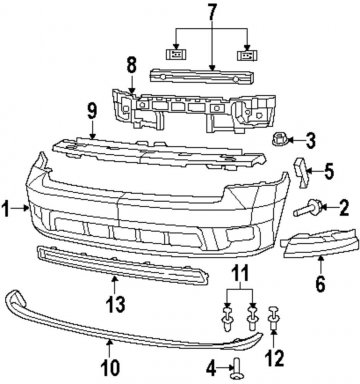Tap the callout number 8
132,66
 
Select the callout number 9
92,111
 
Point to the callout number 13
115,304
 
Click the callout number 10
110,367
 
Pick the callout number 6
320,283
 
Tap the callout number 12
274,357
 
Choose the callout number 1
5,208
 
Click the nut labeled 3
278,139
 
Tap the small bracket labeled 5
301,173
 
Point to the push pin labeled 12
273,318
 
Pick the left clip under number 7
176,54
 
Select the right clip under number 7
248,54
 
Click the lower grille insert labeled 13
122,266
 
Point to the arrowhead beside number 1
27,208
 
